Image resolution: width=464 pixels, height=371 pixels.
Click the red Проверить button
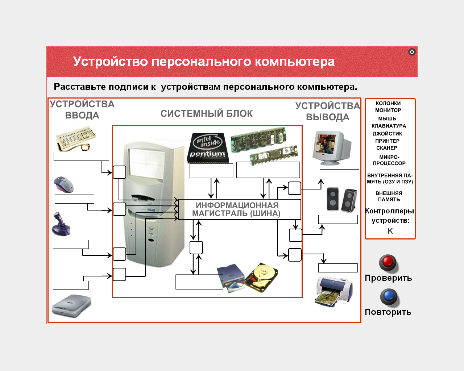tap(388, 263)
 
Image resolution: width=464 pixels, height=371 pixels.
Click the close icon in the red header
tap(412, 52)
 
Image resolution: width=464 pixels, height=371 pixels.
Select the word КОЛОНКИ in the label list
tap(388, 103)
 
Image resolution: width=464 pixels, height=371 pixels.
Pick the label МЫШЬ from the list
tap(387, 118)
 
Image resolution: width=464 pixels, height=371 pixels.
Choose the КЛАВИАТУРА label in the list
tap(389, 126)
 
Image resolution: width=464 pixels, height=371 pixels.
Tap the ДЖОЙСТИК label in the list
tap(387, 133)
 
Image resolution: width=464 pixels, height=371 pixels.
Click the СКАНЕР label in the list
tap(386, 148)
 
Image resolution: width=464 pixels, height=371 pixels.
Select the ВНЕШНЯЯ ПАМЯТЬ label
tap(389, 196)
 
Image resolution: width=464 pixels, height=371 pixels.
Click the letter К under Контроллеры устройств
tap(390, 231)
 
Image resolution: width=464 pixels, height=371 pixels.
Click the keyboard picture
tap(75, 138)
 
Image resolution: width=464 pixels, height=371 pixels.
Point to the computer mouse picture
tap(64, 184)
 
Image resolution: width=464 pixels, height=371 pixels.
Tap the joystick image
tap(61, 224)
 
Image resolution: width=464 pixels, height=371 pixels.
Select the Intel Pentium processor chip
tap(207, 148)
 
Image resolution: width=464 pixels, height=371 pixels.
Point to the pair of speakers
tap(341, 199)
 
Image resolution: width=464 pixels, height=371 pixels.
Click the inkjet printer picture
tap(333, 292)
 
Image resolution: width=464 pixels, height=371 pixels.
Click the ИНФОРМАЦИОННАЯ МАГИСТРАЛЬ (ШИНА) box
tap(239, 209)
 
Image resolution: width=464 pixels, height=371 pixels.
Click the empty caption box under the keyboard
tap(81, 156)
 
